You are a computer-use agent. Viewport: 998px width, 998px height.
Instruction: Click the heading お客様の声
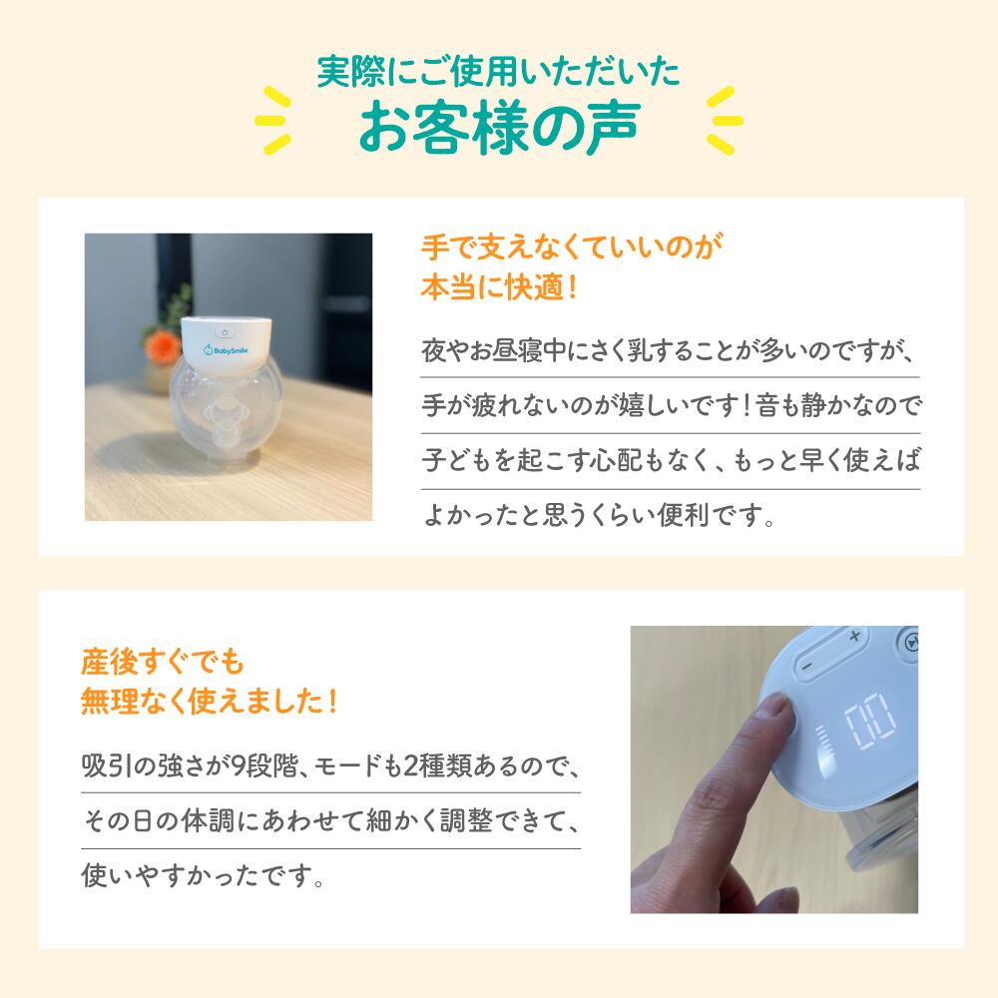499,127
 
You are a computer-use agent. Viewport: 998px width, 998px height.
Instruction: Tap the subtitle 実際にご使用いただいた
499,71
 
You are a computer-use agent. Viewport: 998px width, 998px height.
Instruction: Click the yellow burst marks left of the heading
273,121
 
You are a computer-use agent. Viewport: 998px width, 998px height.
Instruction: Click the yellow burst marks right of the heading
725,121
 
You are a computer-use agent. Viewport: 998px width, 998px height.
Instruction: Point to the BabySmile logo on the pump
226,350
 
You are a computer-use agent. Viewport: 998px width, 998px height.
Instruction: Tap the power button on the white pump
225,332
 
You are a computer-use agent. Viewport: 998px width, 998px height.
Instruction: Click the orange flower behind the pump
162,347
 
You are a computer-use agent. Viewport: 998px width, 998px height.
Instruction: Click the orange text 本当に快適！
500,287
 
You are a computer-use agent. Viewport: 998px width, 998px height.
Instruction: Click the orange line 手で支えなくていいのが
572,247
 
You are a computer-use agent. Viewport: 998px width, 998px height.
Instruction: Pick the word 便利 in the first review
685,514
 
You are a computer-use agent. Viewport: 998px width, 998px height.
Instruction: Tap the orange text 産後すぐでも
163,662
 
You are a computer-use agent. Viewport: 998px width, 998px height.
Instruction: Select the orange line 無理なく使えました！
209,702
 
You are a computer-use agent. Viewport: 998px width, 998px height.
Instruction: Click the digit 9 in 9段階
237,765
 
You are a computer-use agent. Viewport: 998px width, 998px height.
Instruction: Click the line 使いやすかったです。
203,876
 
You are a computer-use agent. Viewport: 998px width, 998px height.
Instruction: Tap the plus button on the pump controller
854,635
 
